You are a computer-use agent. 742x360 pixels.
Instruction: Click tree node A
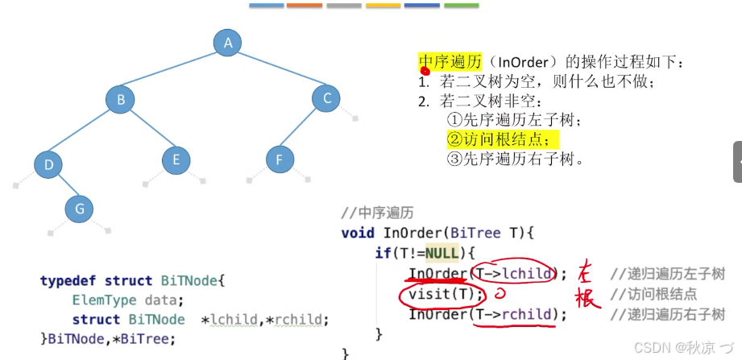tap(228, 43)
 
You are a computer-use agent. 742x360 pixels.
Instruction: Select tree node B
tap(121, 100)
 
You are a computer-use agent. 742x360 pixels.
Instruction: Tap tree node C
tap(327, 98)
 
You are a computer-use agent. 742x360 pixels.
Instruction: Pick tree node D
tap(48, 165)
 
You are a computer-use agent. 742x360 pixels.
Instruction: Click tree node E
tap(176, 159)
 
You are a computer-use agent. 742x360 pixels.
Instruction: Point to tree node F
tap(280, 159)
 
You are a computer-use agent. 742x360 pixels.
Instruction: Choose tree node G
tap(79, 209)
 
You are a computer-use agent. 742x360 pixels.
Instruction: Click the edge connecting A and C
tap(278, 71)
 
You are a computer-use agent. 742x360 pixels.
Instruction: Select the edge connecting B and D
tap(85, 133)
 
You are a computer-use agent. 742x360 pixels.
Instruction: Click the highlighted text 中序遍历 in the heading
tap(450, 62)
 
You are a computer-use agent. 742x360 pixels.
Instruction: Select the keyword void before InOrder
tap(358, 234)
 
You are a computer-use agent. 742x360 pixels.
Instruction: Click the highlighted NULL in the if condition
tap(441, 254)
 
